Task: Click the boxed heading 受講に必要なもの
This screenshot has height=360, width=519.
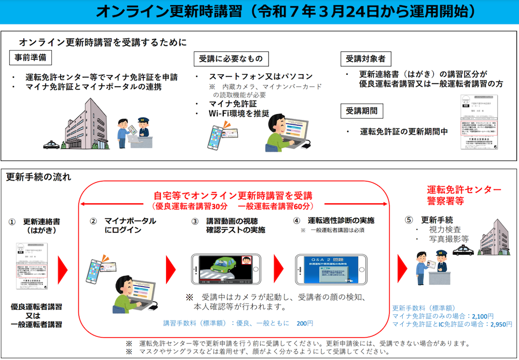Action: [x=231, y=59]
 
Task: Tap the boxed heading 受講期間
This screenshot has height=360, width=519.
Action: [x=362, y=110]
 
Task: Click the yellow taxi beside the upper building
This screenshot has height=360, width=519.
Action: [x=51, y=144]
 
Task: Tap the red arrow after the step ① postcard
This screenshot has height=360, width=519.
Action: [x=62, y=268]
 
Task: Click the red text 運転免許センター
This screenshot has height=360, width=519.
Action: [x=464, y=189]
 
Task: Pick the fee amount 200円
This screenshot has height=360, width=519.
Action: [x=305, y=323]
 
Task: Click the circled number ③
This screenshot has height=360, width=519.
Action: [x=195, y=221]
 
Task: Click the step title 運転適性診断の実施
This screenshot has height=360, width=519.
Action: [x=341, y=220]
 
